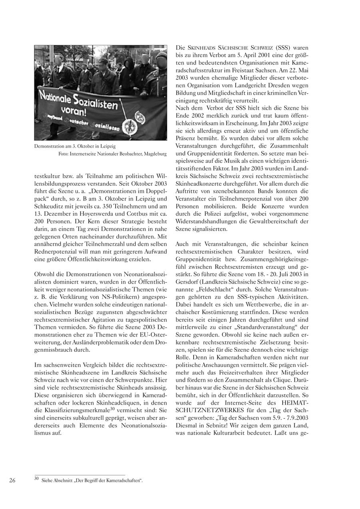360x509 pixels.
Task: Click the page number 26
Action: [x=12, y=481]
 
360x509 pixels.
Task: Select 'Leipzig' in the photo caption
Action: [x=109, y=146]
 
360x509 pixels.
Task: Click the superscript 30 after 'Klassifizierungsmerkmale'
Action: [x=113, y=408]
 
